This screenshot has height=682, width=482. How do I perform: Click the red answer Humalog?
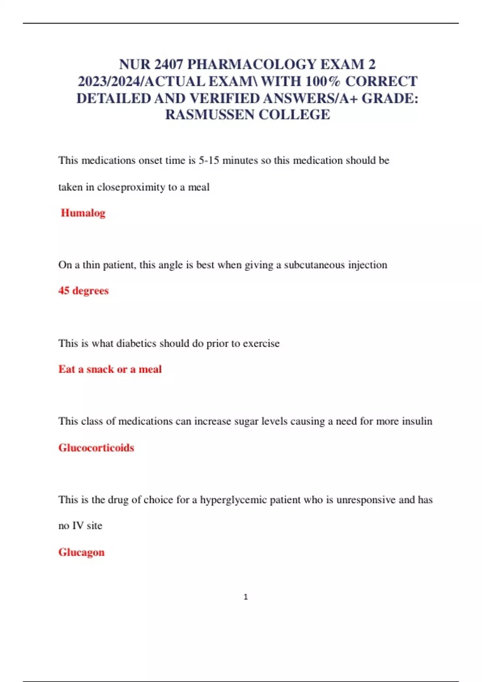click(83, 213)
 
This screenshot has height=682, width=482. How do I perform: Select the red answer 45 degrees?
click(83, 290)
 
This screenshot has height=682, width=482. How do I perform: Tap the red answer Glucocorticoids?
click(96, 447)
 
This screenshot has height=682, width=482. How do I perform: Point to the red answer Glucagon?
click(81, 552)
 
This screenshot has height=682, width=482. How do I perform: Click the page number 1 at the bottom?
click(245, 597)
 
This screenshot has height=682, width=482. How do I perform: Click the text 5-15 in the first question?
click(209, 160)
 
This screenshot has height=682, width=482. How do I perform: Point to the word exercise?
click(261, 343)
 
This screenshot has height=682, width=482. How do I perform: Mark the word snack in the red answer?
click(100, 369)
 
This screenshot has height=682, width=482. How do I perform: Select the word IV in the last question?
click(78, 526)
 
